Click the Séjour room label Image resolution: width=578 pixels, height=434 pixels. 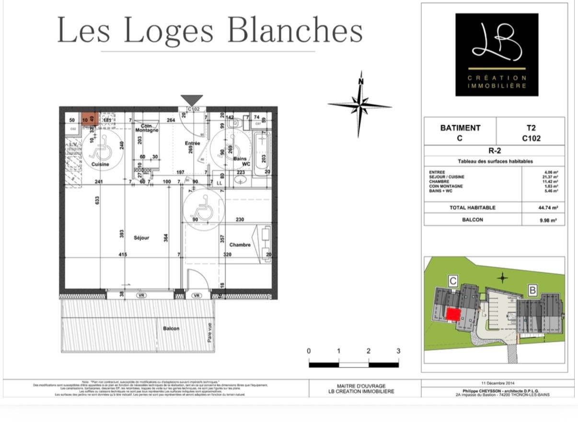tap(141, 237)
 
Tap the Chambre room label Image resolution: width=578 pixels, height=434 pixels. tap(240, 245)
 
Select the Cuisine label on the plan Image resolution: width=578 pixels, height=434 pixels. tap(100, 164)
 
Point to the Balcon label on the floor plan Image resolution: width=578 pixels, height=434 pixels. tap(171, 328)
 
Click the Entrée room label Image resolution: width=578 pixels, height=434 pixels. tap(192, 143)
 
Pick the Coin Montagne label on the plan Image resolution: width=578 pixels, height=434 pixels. tap(147, 128)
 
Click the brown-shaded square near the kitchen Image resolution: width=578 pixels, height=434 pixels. tap(90, 118)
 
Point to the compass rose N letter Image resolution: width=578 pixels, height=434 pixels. tap(360, 81)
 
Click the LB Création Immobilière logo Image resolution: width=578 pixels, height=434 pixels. tap(497, 55)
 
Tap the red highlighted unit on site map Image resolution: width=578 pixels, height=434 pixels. tap(453, 315)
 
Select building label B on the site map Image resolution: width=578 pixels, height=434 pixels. tap(532, 290)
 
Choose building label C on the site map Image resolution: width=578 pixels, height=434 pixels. tap(452, 281)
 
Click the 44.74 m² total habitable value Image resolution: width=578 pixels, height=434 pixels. tap(547, 208)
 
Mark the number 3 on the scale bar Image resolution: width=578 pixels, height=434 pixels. tap(398, 351)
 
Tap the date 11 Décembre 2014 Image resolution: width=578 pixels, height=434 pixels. tap(497, 383)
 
